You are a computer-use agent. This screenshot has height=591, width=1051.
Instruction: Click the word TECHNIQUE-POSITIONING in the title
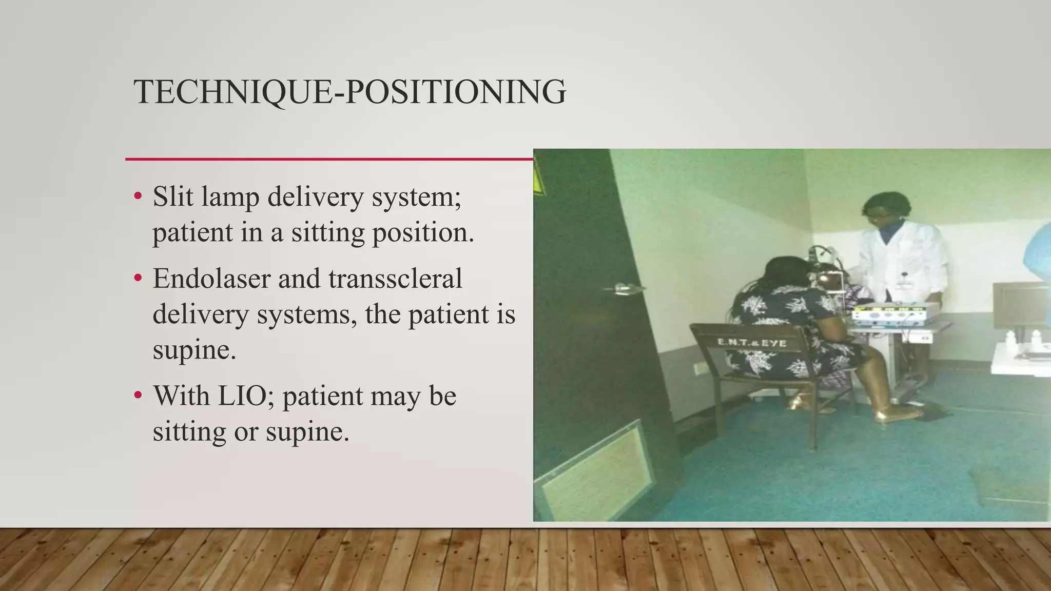tap(349, 92)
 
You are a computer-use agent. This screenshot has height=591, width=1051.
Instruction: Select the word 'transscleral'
tap(395, 279)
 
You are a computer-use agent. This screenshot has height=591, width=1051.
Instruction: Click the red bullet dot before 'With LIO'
tap(137, 396)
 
